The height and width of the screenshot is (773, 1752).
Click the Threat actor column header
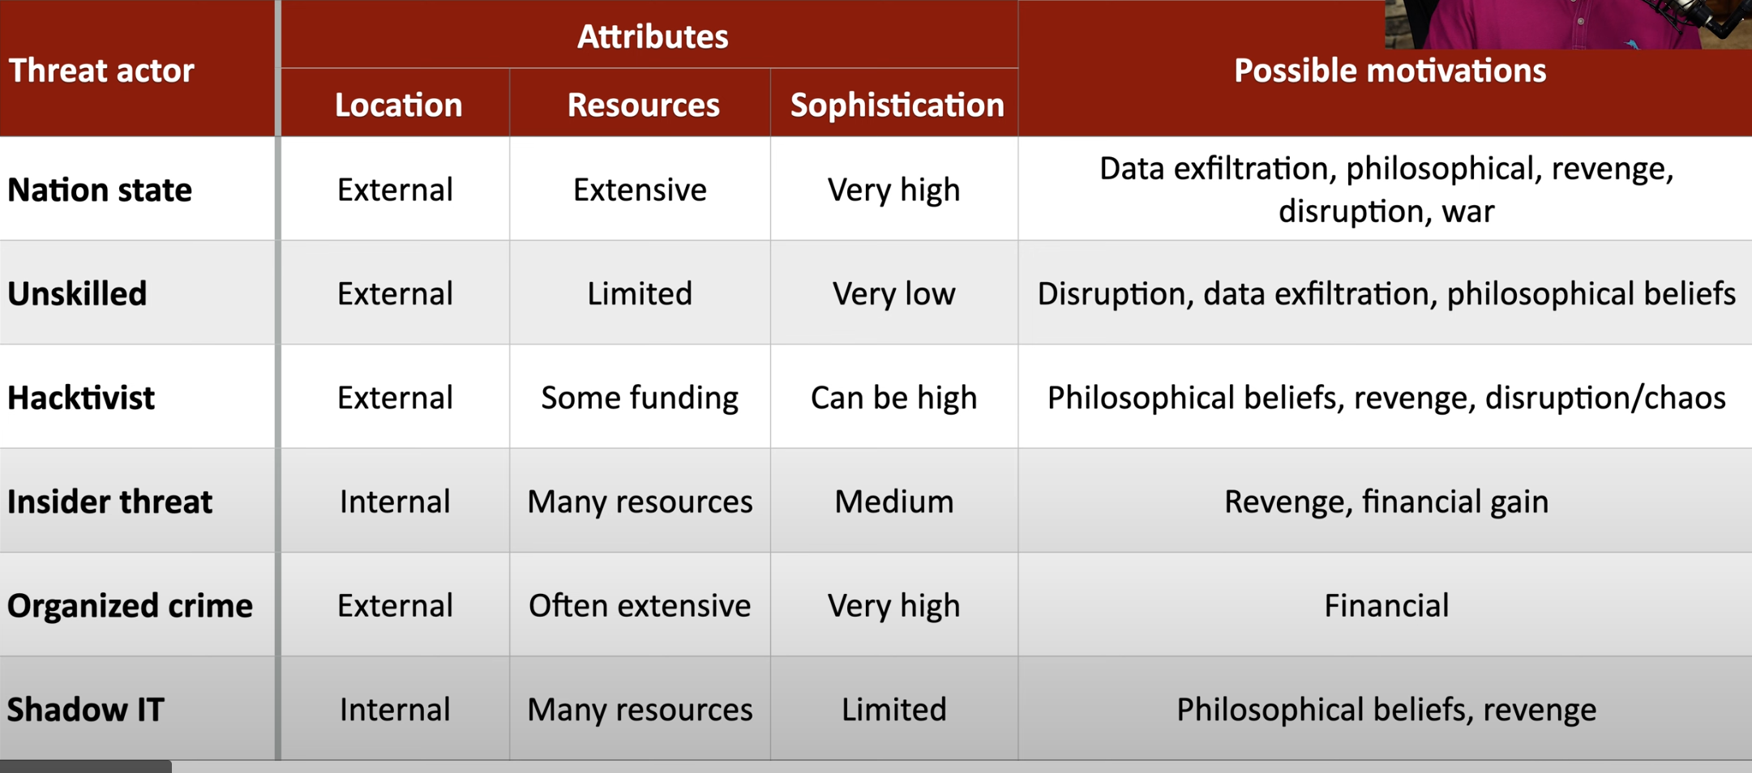tap(101, 70)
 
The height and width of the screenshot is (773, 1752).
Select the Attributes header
tap(653, 36)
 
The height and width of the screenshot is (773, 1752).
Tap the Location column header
tap(398, 105)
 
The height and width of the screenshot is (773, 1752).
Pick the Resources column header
tap(643, 105)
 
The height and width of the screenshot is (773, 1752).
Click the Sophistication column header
tap(897, 105)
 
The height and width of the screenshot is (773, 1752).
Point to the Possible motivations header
tap(1390, 70)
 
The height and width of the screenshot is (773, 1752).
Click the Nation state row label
tap(100, 190)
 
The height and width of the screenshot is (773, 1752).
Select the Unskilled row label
tap(77, 293)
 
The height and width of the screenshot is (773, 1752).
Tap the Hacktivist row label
tap(81, 398)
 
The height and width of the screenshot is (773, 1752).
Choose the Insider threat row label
tap(109, 502)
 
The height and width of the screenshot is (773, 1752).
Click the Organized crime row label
tap(130, 605)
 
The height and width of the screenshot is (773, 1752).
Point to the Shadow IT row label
tap(85, 710)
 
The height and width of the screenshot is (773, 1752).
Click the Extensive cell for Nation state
tap(640, 190)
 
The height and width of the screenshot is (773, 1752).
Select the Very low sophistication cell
tap(893, 294)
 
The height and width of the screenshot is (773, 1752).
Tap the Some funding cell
tap(640, 398)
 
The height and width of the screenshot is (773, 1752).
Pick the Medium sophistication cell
tap(894, 502)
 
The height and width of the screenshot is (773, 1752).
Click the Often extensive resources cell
tap(640, 605)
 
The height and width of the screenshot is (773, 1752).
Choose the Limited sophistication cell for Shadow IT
tap(893, 710)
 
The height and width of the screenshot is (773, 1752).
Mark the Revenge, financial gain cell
tap(1386, 502)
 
